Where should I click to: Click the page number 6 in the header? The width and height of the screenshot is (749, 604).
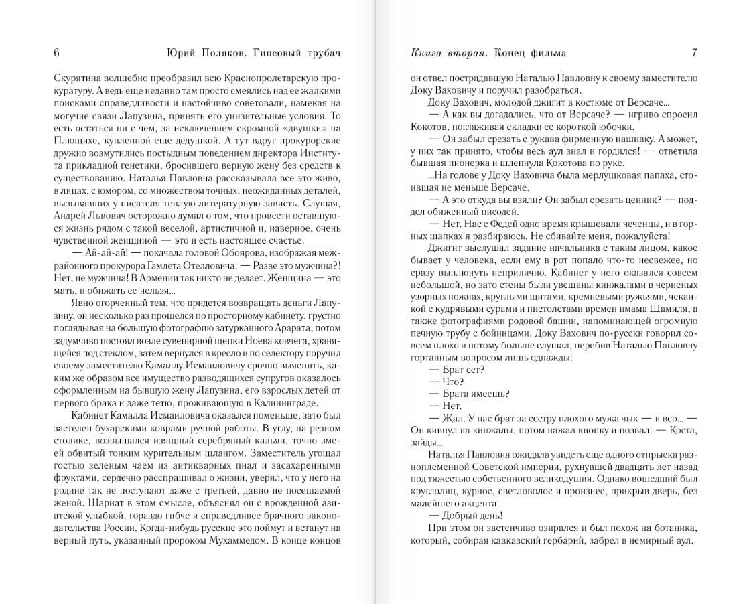[56, 53]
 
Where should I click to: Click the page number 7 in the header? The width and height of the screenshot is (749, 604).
[695, 53]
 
